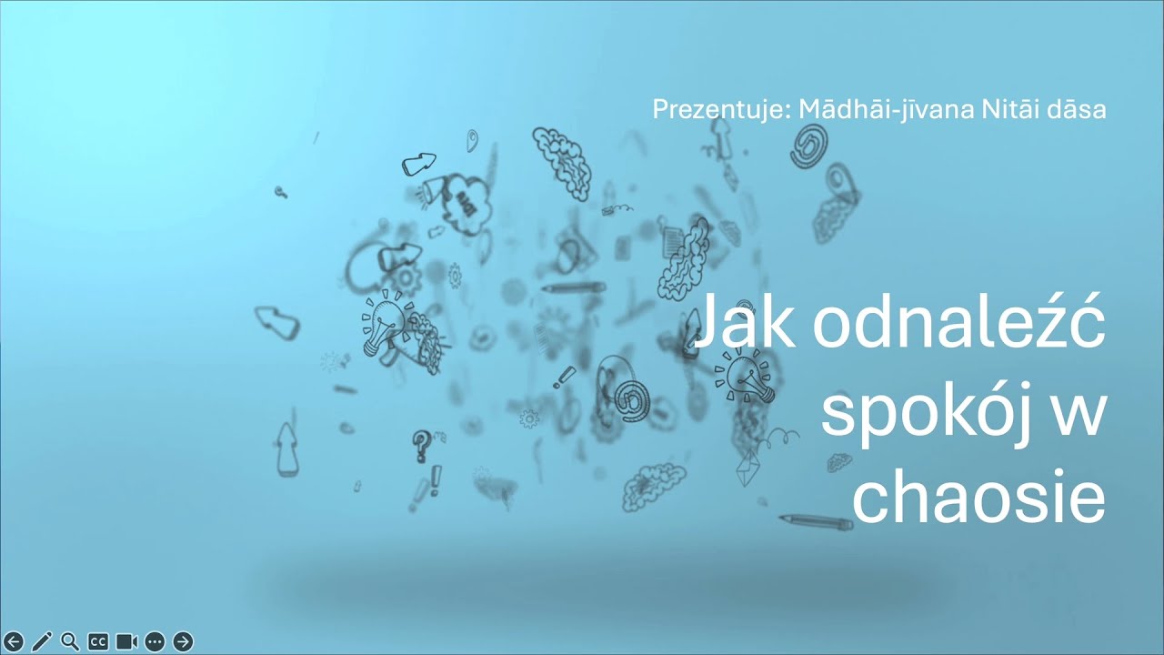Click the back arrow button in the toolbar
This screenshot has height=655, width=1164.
pos(13,641)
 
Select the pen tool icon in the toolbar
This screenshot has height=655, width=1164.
pos(41,641)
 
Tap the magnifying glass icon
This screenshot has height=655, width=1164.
pos(69,641)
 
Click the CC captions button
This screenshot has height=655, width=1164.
pos(97,641)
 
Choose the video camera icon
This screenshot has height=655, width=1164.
pos(126,641)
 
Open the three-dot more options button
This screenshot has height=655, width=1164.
pos(155,641)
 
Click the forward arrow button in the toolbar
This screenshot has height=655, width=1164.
pos(183,641)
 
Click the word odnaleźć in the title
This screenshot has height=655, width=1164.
pos(958,323)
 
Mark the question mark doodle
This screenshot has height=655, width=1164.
pos(421,445)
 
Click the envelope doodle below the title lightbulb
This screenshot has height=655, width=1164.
pos(748,467)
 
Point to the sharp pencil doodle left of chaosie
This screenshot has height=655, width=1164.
pos(816,521)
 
